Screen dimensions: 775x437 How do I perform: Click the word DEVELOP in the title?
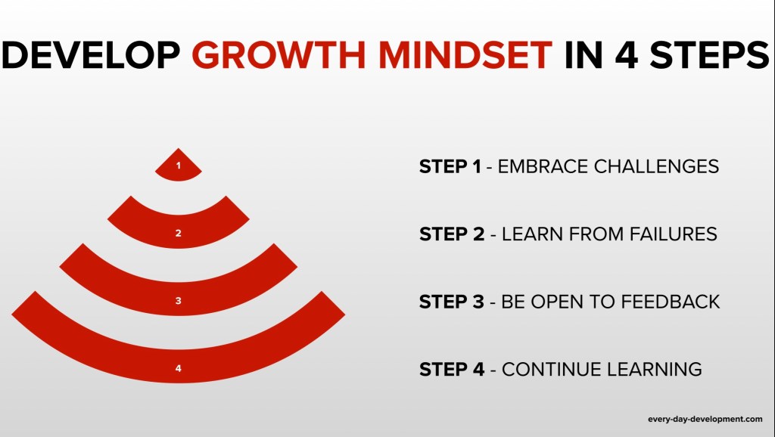(x=91, y=54)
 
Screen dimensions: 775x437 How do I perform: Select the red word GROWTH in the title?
(x=279, y=54)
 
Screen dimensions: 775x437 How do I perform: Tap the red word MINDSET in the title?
(x=465, y=54)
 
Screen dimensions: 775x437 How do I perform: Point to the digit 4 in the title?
(x=626, y=54)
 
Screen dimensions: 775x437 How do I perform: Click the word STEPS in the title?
(x=709, y=54)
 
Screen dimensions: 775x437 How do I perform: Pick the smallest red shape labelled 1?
(x=179, y=166)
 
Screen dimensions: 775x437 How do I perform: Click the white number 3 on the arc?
(x=179, y=300)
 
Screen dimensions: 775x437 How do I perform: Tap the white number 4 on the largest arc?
(x=179, y=368)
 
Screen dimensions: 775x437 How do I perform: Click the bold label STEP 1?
(x=450, y=166)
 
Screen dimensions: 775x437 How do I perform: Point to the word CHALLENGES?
(x=656, y=166)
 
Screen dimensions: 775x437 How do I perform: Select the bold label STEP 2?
(x=452, y=234)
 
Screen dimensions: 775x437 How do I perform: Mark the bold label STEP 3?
(x=452, y=301)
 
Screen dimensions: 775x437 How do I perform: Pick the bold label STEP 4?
(x=452, y=369)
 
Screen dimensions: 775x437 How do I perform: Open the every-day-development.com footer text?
(x=705, y=419)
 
